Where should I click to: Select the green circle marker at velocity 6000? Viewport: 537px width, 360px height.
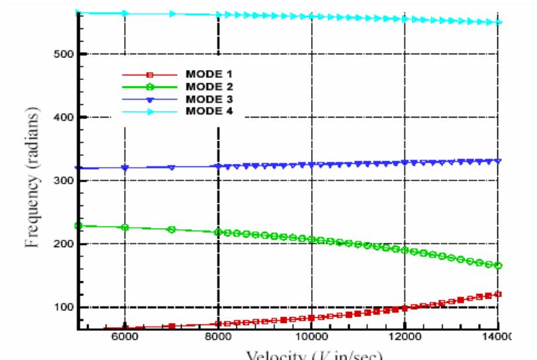(125, 228)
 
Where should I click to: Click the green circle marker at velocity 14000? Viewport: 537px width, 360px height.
(499, 266)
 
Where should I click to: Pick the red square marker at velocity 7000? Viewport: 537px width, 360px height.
(172, 326)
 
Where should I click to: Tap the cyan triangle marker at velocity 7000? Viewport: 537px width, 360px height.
(172, 14)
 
